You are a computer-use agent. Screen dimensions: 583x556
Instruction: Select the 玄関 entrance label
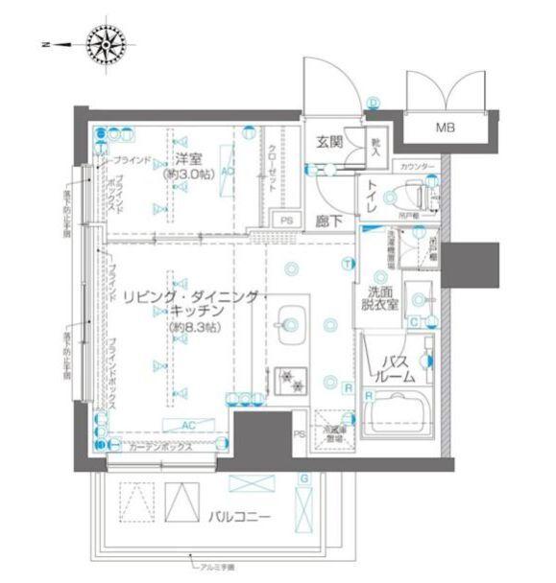pyautogui.click(x=329, y=143)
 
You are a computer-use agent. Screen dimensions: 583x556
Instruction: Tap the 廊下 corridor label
pyautogui.click(x=328, y=219)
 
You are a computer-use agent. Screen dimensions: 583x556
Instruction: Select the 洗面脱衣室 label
pyautogui.click(x=383, y=299)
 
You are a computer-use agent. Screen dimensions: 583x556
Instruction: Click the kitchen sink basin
pyautogui.click(x=287, y=320)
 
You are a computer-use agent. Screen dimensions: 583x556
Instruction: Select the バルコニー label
pyautogui.click(x=239, y=517)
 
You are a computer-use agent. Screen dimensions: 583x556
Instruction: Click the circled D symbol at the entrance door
pyautogui.click(x=373, y=104)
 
